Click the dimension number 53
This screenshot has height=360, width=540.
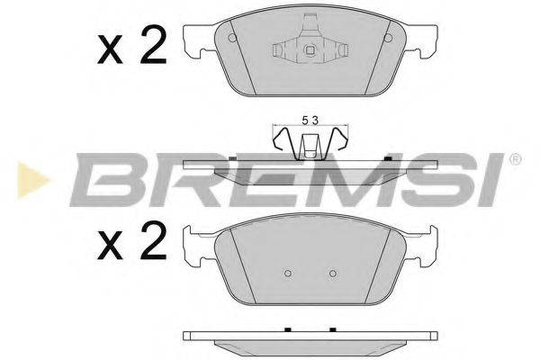(x=310, y=119)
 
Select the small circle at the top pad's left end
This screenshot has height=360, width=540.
(x=232, y=38)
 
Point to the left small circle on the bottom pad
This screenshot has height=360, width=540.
(x=287, y=274)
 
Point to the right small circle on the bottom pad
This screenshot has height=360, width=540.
(x=332, y=274)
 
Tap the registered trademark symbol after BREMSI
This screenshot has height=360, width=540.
(x=514, y=159)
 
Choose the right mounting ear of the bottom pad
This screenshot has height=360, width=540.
(x=423, y=245)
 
